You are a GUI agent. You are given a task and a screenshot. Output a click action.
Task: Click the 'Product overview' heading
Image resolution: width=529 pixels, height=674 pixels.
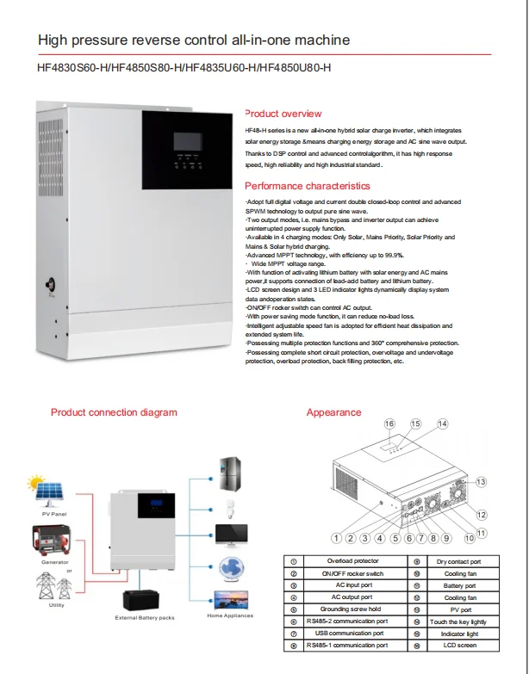coord(283,114)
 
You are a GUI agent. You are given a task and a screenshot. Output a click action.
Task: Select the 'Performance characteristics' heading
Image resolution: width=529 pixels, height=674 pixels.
coord(308,186)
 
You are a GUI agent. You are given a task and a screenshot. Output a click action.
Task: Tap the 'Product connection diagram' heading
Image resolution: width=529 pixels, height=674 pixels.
coord(114,412)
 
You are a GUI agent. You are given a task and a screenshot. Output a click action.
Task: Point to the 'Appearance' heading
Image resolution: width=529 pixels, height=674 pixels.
coord(333,412)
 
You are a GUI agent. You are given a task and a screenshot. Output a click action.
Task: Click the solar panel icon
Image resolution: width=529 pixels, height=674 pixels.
coord(47,492)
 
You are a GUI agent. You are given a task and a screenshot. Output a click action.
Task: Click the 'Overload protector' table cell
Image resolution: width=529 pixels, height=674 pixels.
coord(353,560)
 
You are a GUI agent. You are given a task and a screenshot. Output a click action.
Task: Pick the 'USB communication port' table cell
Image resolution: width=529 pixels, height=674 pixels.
coord(353,633)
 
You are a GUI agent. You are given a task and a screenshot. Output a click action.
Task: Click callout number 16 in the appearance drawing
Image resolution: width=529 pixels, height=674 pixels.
coord(389,424)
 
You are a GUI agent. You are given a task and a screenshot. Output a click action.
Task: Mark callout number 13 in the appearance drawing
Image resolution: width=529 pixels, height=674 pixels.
coord(482,481)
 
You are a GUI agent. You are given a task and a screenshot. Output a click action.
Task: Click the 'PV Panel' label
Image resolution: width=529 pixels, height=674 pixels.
coord(53,514)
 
